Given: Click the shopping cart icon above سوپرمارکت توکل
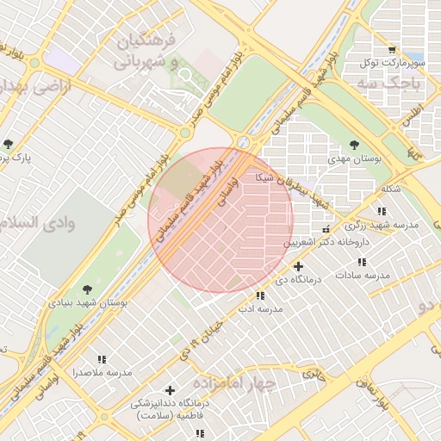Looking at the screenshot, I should tap(393, 51).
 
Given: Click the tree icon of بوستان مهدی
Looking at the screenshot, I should tap(355, 146).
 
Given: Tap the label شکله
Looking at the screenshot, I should tap(390, 189).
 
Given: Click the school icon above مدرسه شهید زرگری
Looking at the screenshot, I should tap(382, 211).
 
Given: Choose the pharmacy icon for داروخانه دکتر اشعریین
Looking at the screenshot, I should tap(326, 230).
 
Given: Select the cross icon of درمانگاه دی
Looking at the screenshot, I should tap(298, 267).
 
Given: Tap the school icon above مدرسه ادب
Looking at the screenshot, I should tap(261, 295).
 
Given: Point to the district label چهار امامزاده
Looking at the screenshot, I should tap(233, 382).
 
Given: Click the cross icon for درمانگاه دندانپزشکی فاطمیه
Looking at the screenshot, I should tap(170, 390).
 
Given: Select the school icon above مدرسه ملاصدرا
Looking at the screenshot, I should tap(102, 360).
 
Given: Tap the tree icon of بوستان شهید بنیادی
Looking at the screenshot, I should tap(86, 290).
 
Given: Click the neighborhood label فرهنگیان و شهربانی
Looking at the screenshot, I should tap(145, 52).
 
